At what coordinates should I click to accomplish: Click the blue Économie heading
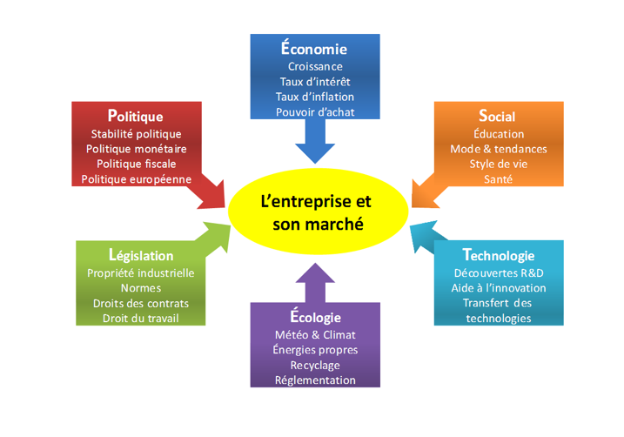[314, 49]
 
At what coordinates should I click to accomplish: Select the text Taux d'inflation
[315, 97]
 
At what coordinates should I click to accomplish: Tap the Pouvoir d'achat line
[315, 112]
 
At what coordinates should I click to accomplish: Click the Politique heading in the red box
[136, 116]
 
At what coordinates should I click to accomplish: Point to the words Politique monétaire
[136, 149]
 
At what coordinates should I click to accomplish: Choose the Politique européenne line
[136, 179]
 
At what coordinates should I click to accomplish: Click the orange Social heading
[498, 117]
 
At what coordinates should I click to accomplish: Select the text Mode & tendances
[499, 149]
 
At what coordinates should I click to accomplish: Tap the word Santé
[499, 179]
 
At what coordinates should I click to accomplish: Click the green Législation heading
[141, 255]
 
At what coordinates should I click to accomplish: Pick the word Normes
[141, 287]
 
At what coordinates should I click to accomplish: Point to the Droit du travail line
[141, 318]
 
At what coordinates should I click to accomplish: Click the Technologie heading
[499, 255]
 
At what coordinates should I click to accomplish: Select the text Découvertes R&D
[499, 272]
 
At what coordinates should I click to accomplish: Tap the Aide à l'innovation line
[499, 287]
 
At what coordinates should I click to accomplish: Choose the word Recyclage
[315, 365]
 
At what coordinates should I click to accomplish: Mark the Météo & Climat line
[315, 334]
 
